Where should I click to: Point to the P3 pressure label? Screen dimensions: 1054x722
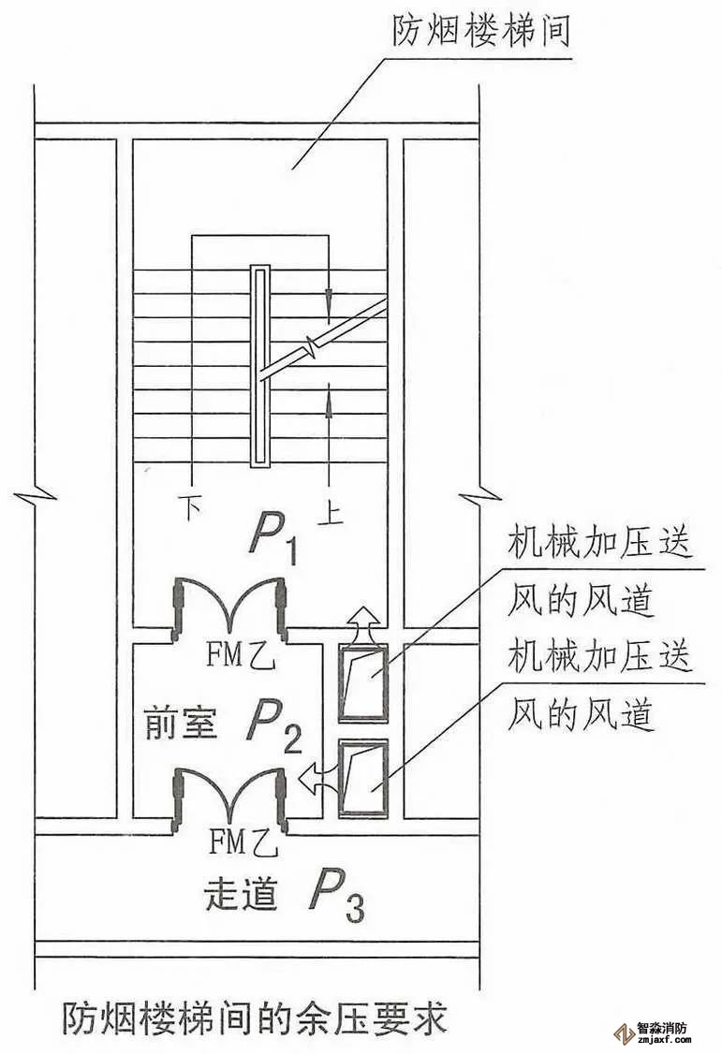[x=333, y=895]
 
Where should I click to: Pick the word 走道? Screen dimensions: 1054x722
[x=241, y=896]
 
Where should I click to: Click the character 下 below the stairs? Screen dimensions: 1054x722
[x=192, y=509]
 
